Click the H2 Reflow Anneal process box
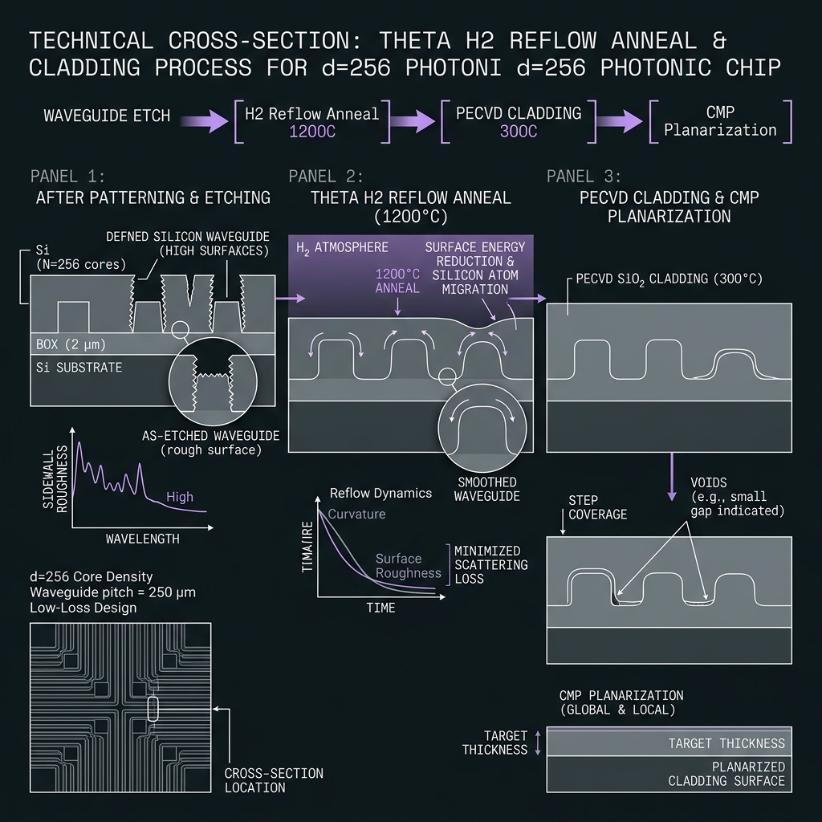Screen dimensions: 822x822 tap(312, 122)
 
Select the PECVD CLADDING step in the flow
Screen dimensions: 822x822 tap(519, 122)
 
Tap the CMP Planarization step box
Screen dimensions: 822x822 tap(720, 122)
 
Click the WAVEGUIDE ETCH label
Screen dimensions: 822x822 tap(107, 116)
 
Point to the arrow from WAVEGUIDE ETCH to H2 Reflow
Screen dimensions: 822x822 tap(205, 122)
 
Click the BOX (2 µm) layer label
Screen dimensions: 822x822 tap(71, 344)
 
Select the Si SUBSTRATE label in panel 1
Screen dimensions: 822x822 tap(79, 368)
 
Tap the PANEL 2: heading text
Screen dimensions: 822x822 tap(326, 176)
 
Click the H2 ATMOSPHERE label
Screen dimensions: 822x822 tap(342, 247)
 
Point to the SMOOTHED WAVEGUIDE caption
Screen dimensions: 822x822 tap(487, 489)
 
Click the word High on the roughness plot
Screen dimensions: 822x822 tap(180, 496)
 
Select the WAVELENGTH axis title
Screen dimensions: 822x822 tap(143, 539)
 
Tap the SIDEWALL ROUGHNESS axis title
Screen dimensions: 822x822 tap(55, 478)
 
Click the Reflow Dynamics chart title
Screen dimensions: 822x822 tap(380, 493)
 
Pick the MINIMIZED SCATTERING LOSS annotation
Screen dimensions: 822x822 tap(490, 564)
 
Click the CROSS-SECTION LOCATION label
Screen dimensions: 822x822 tap(274, 780)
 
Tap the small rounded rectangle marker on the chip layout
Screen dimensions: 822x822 tap(153, 709)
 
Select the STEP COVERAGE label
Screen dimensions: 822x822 tap(597, 507)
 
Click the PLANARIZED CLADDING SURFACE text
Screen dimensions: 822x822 tap(726, 774)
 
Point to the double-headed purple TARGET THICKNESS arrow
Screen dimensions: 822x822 tap(537, 743)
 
